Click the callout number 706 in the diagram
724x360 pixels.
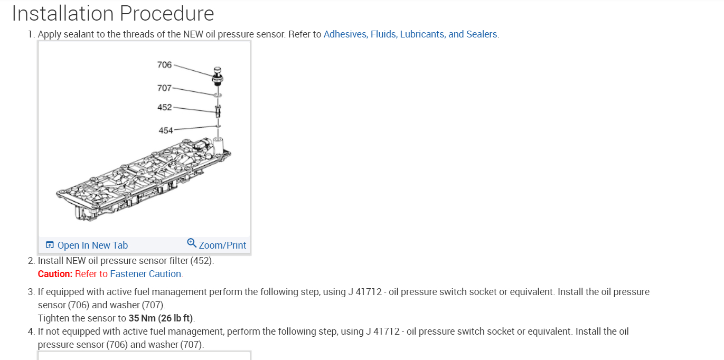[164, 65]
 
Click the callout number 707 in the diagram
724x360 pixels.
[164, 88]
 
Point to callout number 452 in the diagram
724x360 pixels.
[164, 107]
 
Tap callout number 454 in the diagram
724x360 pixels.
[166, 130]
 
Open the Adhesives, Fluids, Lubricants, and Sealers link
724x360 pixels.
[410, 34]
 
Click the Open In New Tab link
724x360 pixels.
[92, 245]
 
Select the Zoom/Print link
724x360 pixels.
[222, 245]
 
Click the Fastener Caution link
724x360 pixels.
[145, 274]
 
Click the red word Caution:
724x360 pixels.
[55, 274]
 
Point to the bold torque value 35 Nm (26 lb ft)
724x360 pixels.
[161, 318]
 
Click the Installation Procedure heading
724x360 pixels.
[113, 14]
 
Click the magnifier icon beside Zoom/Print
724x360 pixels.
[192, 243]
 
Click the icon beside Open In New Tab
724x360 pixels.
[50, 245]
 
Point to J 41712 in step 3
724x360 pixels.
[365, 292]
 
